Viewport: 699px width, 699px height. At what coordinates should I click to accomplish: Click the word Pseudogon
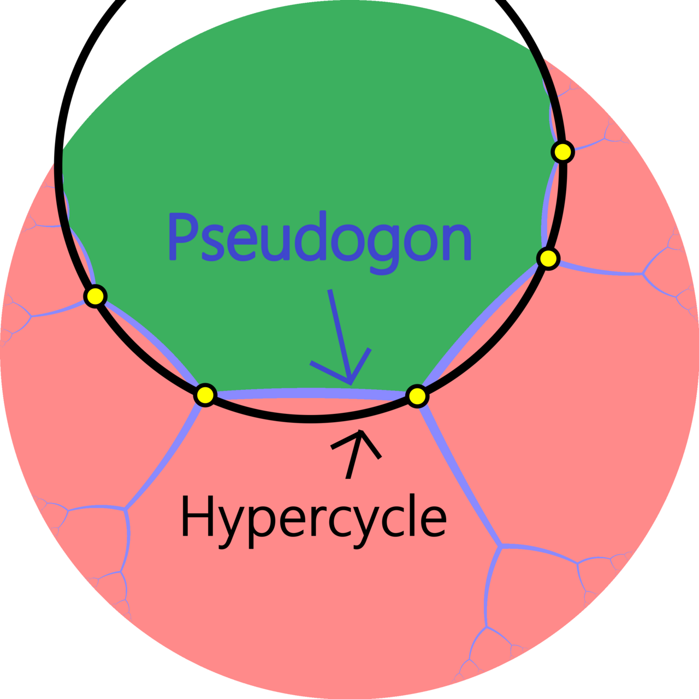[x=320, y=242]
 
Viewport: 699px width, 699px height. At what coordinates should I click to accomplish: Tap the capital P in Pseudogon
[x=183, y=236]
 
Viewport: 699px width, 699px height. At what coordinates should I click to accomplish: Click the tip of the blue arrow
[x=351, y=384]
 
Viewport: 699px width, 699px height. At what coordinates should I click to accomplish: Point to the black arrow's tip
[x=360, y=430]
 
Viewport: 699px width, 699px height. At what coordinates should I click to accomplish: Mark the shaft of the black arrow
[x=354, y=455]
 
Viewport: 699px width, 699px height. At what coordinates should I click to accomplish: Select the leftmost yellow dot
[x=96, y=297]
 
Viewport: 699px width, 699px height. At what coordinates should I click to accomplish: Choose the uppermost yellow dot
[x=562, y=152]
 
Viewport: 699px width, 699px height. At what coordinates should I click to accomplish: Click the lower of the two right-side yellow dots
[x=548, y=259]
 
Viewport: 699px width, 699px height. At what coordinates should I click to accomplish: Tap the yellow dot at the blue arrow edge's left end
[x=205, y=394]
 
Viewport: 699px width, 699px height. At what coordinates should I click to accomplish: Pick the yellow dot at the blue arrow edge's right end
[x=417, y=396]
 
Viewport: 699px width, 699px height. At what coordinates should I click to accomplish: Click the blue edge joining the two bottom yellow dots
[x=311, y=393]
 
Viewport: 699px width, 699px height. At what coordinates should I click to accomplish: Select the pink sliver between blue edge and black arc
[x=311, y=406]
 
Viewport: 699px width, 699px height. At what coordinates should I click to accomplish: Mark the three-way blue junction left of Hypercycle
[x=125, y=509]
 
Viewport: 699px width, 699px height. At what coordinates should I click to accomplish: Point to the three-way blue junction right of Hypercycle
[x=501, y=545]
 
